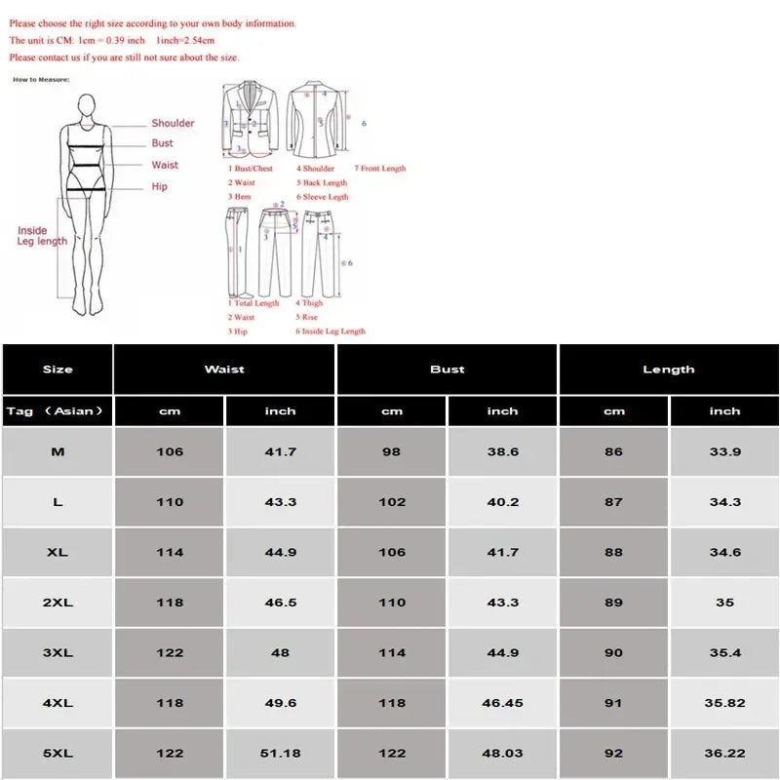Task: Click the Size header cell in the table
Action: pos(58,370)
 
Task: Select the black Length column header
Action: pos(669,370)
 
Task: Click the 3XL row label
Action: pos(58,652)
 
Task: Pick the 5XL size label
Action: pos(58,754)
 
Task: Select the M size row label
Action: pos(58,451)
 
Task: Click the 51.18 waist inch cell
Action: pos(281,754)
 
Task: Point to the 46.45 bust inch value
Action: pos(503,703)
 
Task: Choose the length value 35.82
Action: pos(724,703)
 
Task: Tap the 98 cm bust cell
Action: pos(392,451)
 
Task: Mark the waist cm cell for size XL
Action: pos(170,552)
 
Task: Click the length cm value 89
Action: pos(613,603)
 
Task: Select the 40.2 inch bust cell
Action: pos(503,502)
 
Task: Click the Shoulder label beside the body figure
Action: pos(173,123)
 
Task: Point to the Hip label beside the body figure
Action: pos(159,186)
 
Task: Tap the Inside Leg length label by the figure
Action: pos(42,236)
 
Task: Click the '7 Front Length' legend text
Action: pos(379,169)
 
